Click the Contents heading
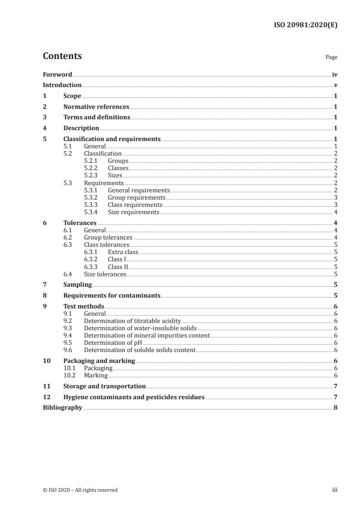[62, 56]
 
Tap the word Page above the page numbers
[331, 58]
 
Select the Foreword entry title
[57, 74]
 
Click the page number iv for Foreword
[335, 74]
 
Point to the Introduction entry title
[62, 85]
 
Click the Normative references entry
[96, 107]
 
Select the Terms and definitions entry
[97, 117]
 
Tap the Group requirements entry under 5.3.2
[136, 197]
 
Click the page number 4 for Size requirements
[335, 212]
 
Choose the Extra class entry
[123, 252]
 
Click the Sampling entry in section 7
[77, 285]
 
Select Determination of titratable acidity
[132, 321]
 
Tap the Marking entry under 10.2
[96, 375]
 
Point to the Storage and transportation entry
[104, 387]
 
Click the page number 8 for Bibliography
[335, 408]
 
